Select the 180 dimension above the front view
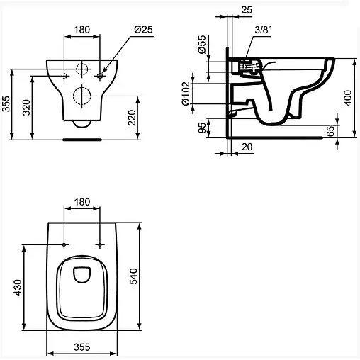(x=83, y=29)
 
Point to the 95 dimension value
(x=202, y=128)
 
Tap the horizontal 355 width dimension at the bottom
(x=83, y=347)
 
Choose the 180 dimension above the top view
(x=83, y=202)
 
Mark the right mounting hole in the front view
(x=101, y=74)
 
